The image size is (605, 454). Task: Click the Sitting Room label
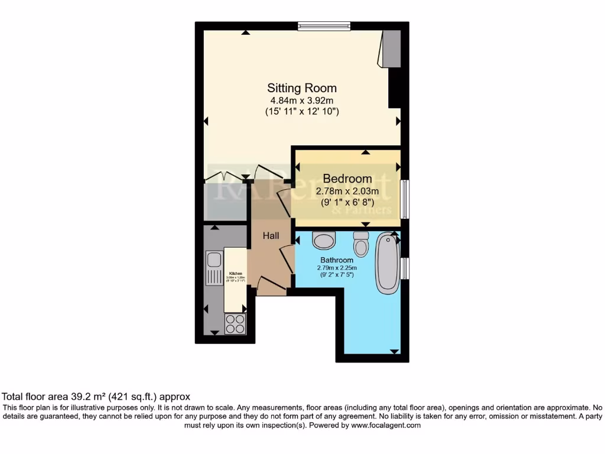(302, 88)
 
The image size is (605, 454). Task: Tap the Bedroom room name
(347, 179)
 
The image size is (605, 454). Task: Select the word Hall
(271, 236)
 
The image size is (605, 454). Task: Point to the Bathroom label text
(337, 260)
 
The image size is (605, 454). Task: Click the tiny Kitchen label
(236, 274)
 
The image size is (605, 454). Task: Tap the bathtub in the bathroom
(388, 263)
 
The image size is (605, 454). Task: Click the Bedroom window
(405, 198)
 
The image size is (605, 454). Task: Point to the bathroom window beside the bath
(405, 268)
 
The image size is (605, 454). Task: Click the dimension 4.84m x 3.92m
(302, 100)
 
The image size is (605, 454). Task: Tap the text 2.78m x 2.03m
(347, 192)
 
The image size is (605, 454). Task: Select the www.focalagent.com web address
(386, 425)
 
